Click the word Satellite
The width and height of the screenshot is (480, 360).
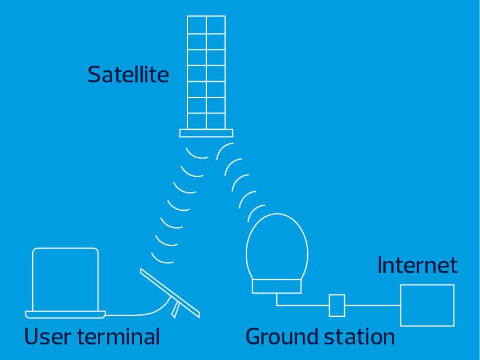(x=128, y=74)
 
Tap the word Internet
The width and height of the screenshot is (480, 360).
(x=417, y=265)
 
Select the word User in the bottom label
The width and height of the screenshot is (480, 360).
(x=48, y=336)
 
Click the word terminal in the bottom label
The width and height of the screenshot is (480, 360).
(x=119, y=336)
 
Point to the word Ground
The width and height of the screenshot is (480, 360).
(x=282, y=336)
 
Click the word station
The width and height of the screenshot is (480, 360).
(x=359, y=336)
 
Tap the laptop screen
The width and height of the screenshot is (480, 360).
(x=66, y=279)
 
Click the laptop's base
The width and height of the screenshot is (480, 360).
(x=65, y=314)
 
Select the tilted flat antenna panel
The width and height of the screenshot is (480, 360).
(x=170, y=293)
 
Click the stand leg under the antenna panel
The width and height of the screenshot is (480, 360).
(x=176, y=309)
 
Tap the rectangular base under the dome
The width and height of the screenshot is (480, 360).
(x=277, y=286)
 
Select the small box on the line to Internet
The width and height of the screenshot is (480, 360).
(x=337, y=305)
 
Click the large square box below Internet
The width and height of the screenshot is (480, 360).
(x=428, y=305)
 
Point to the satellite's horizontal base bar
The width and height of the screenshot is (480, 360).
(x=206, y=133)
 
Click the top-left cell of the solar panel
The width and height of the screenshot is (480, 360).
(x=197, y=25)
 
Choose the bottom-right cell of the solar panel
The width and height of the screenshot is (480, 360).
(x=216, y=121)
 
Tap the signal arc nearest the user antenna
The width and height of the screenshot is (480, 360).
(x=161, y=260)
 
